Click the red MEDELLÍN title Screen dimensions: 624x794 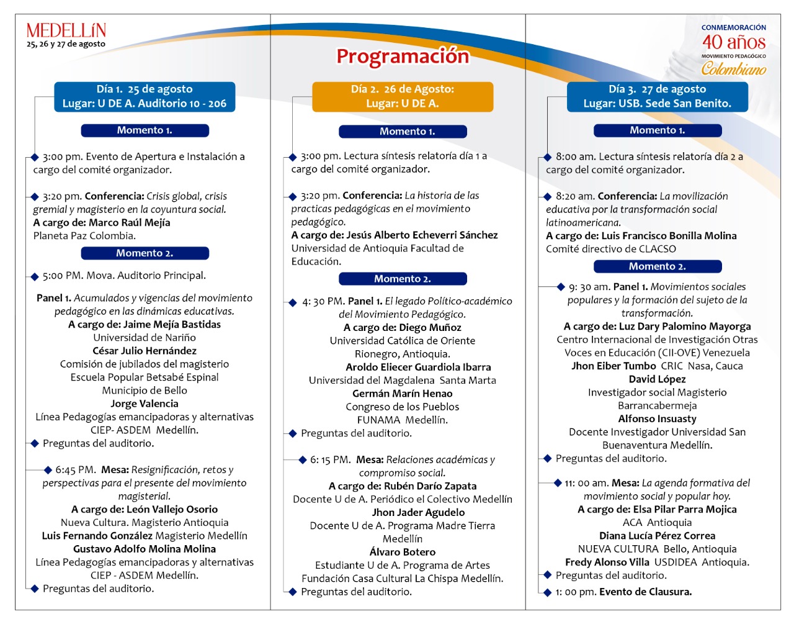pos(66,30)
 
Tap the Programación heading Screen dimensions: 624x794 pos(403,56)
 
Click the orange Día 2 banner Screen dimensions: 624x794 pos(403,97)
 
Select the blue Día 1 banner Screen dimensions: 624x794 pos(145,97)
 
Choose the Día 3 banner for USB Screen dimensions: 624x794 pos(657,97)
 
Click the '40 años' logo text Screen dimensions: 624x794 pos(734,42)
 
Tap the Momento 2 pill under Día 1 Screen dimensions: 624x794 pos(145,253)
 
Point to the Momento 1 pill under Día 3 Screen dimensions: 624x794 pos(657,130)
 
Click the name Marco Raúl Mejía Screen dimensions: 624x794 pos(129,222)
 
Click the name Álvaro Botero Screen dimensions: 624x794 pos(403,552)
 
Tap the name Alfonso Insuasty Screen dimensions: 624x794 pos(657,419)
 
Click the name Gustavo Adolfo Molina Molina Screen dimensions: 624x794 pos(145,549)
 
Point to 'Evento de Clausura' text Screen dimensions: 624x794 pos(645,592)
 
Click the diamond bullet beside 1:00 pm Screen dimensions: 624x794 pos(547,592)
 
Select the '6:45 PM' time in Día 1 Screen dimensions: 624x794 pos(75,470)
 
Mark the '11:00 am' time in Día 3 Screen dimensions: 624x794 pos(586,483)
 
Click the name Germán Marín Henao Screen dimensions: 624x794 pos(403,394)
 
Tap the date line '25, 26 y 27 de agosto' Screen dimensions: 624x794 pos(66,44)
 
